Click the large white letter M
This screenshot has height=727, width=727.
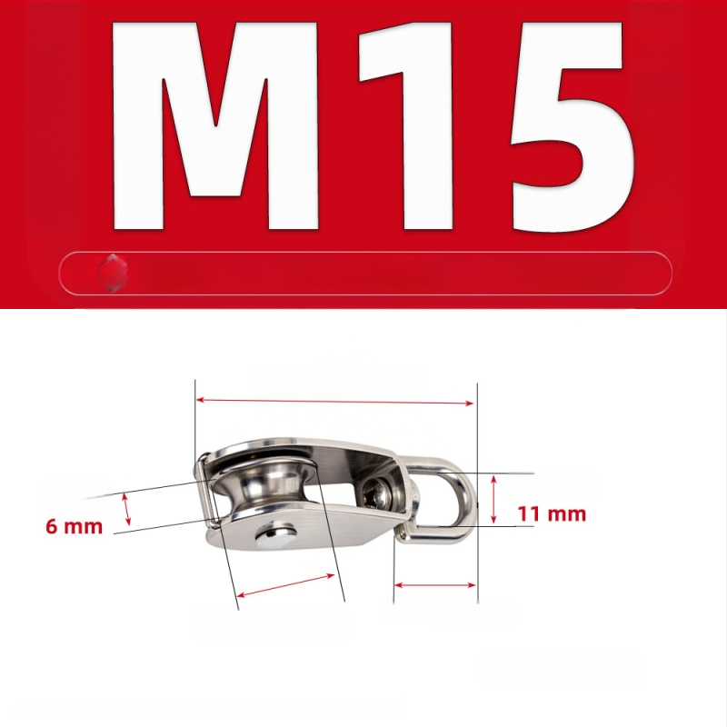tap(215, 125)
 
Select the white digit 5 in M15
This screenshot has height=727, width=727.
tap(572, 126)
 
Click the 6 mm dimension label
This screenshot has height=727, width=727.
tap(75, 527)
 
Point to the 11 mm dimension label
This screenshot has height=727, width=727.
tap(552, 514)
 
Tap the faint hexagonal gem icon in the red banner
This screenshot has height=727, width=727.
tap(113, 273)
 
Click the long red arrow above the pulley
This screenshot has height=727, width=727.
tap(334, 402)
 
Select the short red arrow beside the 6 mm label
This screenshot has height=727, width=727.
tap(126, 510)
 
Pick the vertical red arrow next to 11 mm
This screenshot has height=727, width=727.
tap(493, 499)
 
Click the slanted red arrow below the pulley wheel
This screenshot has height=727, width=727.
tap(285, 585)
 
